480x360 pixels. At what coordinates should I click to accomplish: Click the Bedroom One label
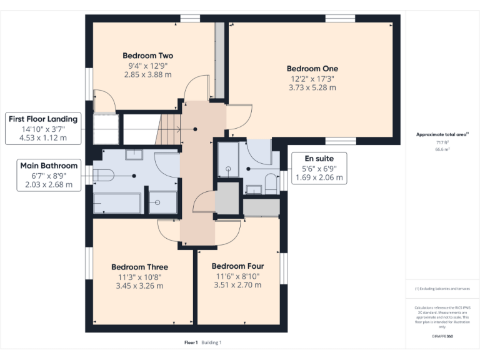[312, 68]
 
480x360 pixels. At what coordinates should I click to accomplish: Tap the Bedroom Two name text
[147, 55]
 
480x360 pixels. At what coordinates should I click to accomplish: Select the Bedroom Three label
[139, 267]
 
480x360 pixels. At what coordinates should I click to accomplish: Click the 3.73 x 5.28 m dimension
[312, 88]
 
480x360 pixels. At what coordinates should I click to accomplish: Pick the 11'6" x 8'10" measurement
[239, 276]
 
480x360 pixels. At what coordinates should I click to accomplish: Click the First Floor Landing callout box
[42, 128]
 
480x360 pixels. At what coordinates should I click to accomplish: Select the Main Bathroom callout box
[50, 175]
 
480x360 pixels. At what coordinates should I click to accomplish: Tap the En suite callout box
[318, 168]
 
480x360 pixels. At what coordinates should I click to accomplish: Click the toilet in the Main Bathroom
[104, 176]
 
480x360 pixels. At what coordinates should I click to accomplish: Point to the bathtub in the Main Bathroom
[117, 203]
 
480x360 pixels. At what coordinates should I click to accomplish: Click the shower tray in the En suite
[228, 160]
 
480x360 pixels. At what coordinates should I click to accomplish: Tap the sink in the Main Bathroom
[134, 154]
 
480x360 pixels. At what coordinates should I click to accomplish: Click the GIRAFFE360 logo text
[442, 336]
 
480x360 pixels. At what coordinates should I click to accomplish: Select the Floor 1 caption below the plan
[191, 342]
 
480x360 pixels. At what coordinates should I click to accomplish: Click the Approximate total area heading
[442, 134]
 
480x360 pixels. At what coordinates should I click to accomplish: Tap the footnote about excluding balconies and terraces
[442, 289]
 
